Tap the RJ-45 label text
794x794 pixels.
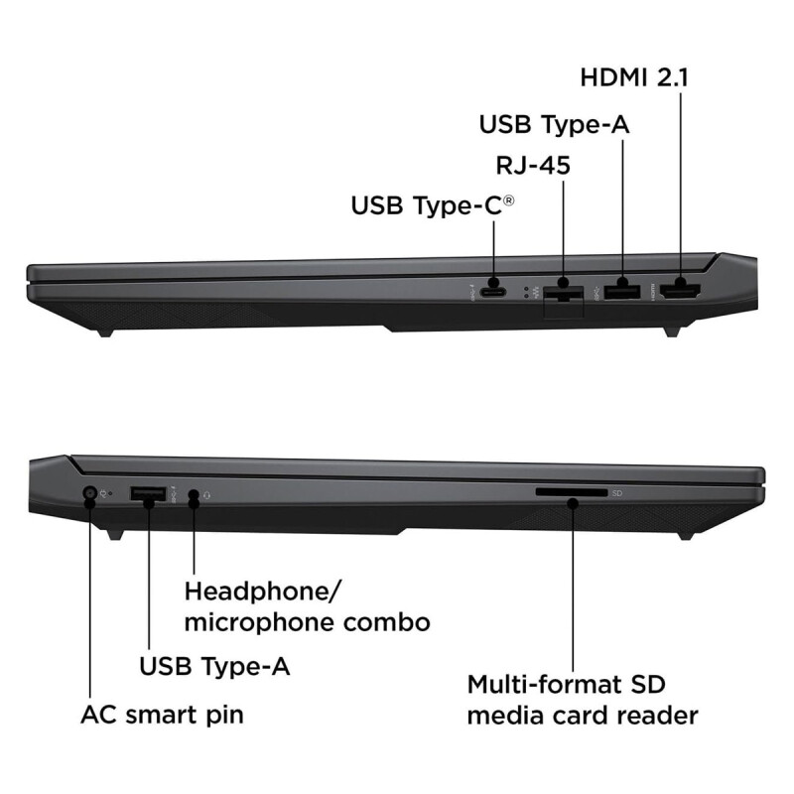click(532, 165)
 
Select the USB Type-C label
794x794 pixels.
click(433, 206)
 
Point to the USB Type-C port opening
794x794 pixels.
click(493, 292)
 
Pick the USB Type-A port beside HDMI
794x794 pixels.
click(622, 291)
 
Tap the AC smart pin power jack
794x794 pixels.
click(90, 493)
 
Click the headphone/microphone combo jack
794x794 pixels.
click(194, 493)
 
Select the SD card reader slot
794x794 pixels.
click(572, 492)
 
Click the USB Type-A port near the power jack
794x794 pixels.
click(149, 493)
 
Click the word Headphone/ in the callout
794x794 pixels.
click(263, 592)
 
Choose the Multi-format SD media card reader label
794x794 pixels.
click(583, 700)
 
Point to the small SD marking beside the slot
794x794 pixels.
click(616, 493)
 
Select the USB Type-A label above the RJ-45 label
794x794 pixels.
click(555, 124)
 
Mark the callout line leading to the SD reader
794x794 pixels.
click(574, 595)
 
